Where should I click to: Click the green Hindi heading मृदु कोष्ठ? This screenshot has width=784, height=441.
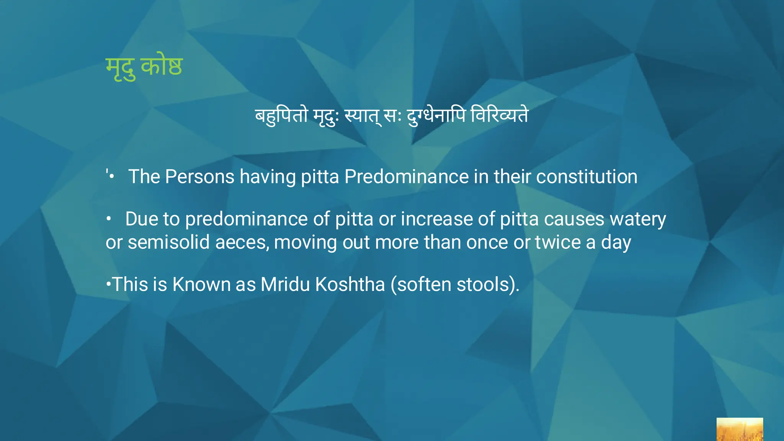point(144,67)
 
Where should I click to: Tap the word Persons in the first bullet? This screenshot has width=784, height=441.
point(199,177)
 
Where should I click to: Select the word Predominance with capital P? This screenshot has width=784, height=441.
point(406,177)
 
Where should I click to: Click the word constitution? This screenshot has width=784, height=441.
point(586,177)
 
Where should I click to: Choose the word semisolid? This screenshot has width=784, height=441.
point(168,243)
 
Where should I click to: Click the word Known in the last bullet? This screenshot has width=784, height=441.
point(201,284)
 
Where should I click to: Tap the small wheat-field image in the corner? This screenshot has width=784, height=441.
point(739,429)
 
